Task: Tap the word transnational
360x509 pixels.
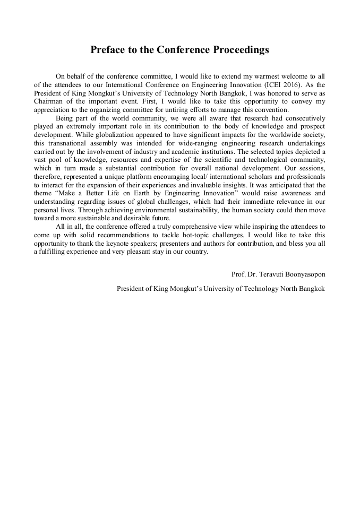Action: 70,143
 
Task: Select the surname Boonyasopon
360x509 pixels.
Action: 306,274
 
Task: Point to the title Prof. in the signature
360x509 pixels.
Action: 238,274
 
